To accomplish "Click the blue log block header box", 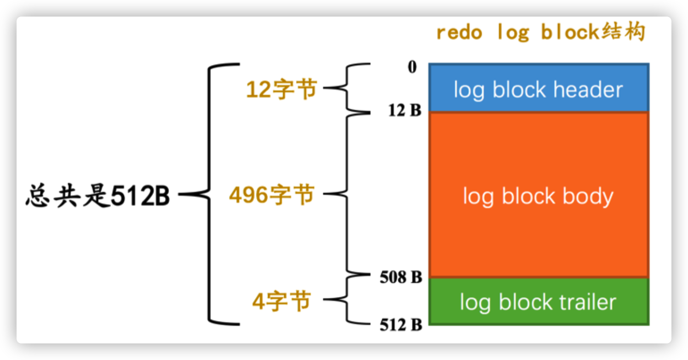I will click(x=539, y=88).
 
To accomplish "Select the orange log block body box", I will click(x=539, y=195).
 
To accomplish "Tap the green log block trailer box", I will click(x=539, y=302).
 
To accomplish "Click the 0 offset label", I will click(x=412, y=67).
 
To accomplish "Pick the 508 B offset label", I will click(x=401, y=277).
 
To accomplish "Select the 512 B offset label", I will click(x=401, y=325).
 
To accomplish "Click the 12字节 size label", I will click(x=281, y=89).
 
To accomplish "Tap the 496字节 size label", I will click(x=272, y=196).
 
